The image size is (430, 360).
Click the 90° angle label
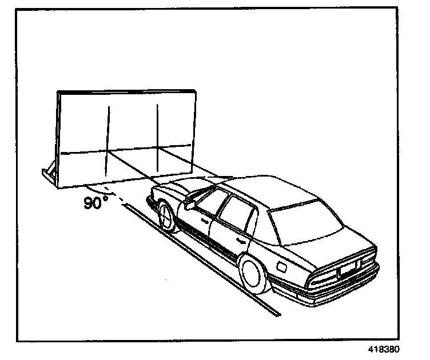[95, 203]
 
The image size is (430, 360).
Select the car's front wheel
[166, 217]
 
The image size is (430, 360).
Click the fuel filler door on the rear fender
[281, 266]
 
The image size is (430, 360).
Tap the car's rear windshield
[306, 227]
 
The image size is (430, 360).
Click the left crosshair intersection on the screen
[108, 152]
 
